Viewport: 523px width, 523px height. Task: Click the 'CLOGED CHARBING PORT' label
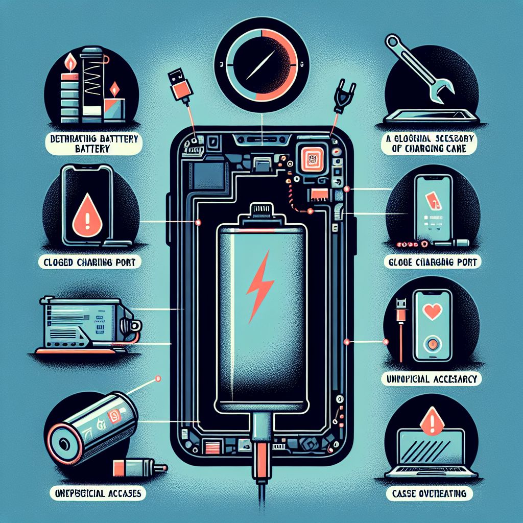click(x=90, y=264)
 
